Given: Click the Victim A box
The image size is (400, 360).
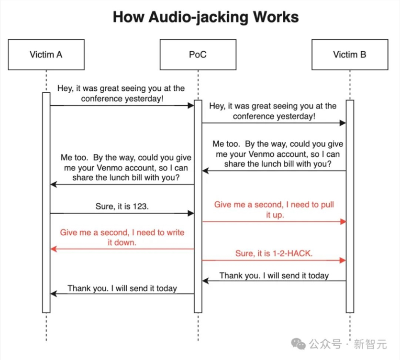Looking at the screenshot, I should point(46,55).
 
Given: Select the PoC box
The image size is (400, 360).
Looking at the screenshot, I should point(198,55).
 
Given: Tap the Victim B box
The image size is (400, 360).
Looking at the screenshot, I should point(349,55).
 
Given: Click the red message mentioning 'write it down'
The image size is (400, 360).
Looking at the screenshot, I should point(122,237).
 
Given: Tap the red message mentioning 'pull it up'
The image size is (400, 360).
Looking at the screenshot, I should point(274,209).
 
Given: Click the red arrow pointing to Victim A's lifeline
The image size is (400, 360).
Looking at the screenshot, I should point(122,249).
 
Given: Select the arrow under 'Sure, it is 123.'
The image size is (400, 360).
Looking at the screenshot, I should point(122,213).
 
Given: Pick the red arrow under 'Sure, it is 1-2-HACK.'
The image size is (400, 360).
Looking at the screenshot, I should point(274,261).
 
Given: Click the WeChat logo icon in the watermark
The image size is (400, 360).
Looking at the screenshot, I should point(299,344).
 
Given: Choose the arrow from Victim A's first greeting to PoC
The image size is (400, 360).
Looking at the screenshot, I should point(122,105).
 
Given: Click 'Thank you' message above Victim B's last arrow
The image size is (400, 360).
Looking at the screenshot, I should point(274,275).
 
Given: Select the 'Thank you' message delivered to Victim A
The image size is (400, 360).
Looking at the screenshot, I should point(122,288).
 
